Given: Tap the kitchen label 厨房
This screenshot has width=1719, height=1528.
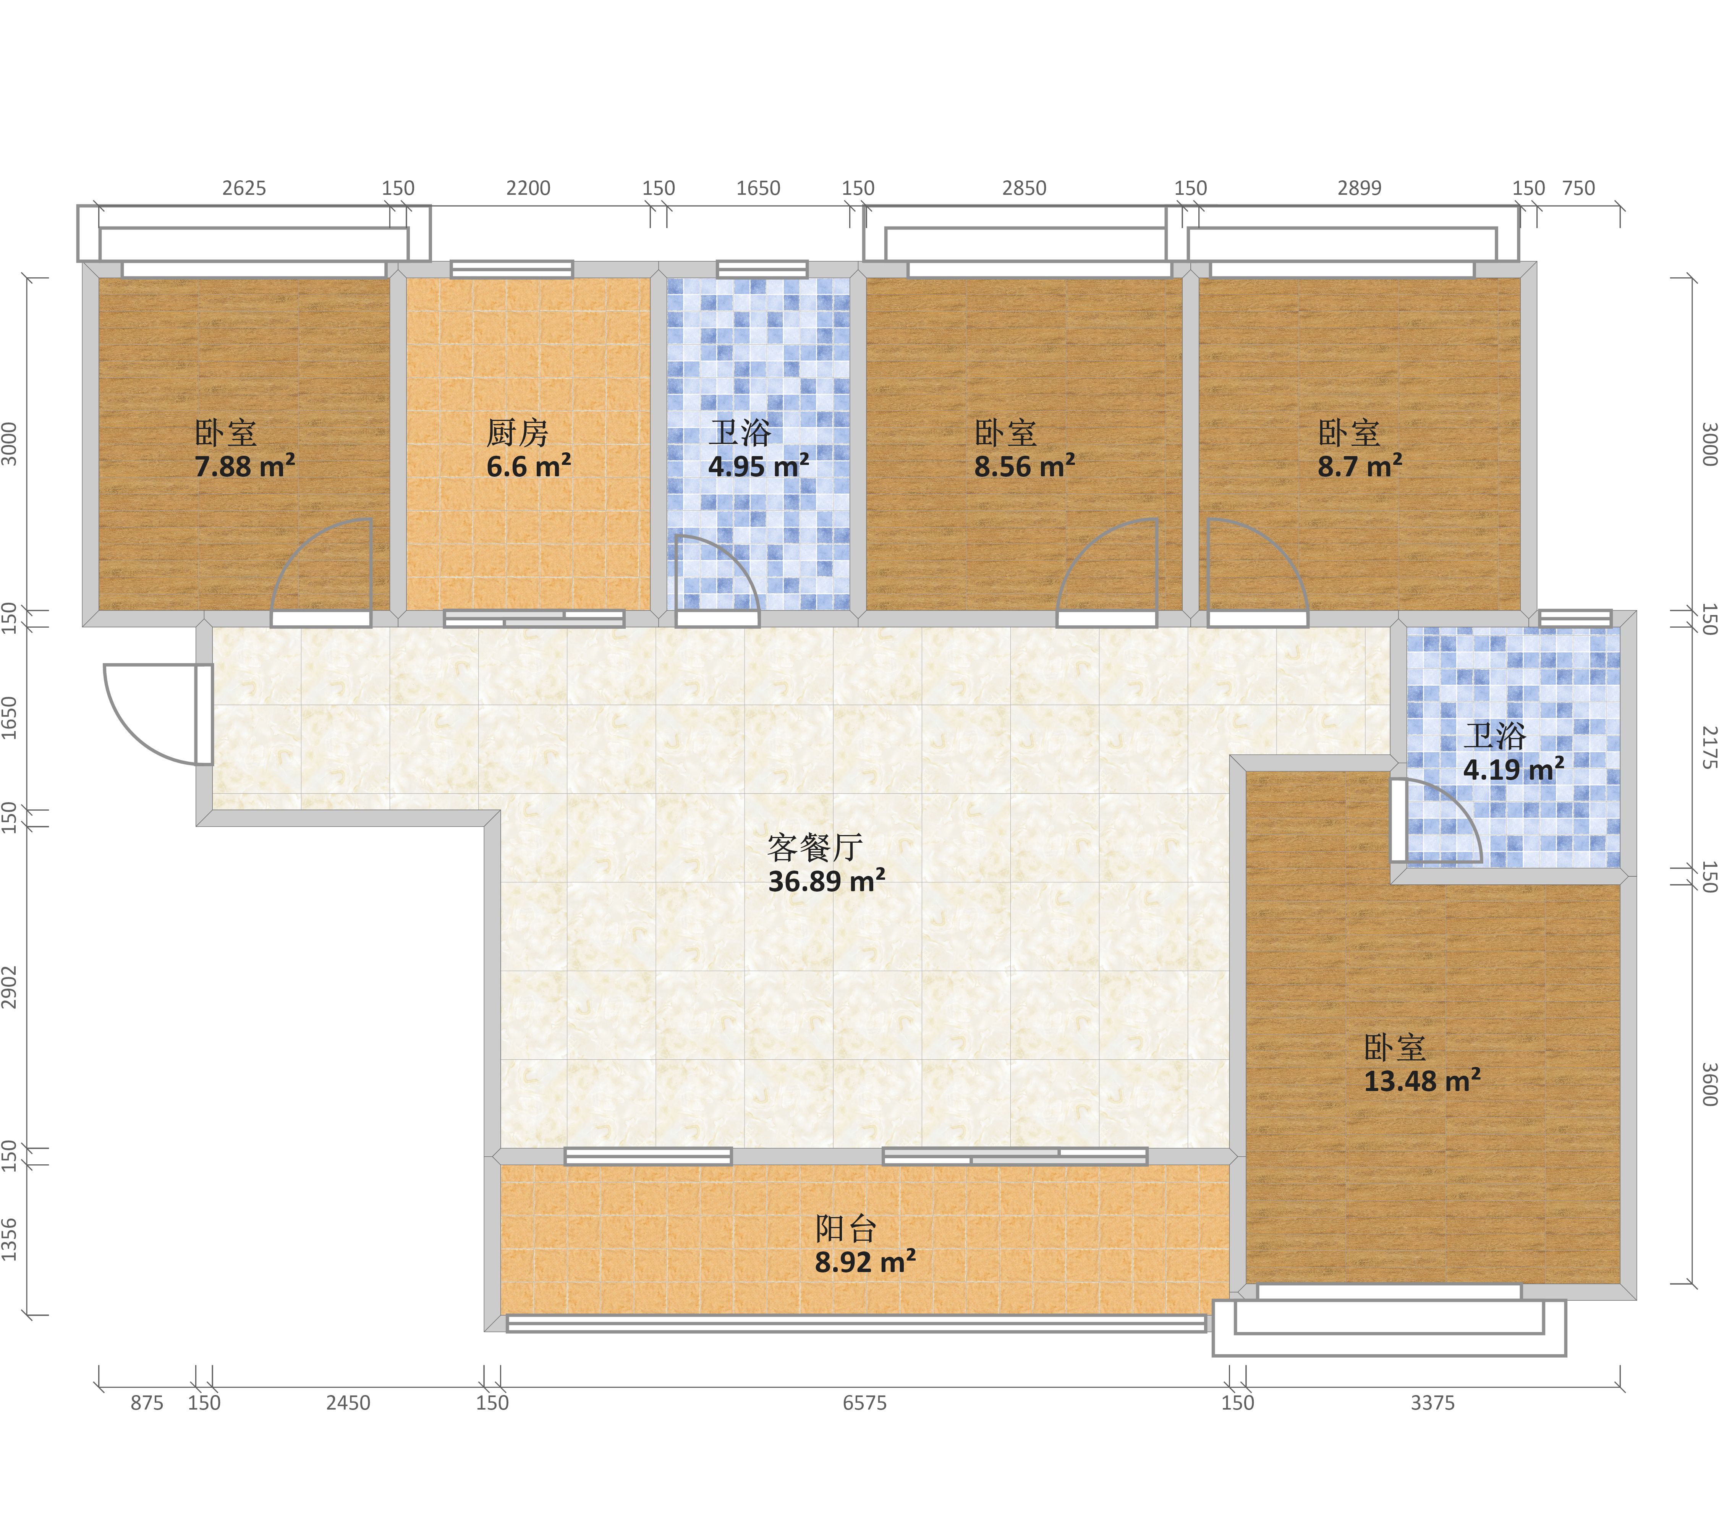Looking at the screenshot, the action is click(517, 433).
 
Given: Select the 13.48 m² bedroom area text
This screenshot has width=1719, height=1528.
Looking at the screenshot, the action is click(1422, 1081).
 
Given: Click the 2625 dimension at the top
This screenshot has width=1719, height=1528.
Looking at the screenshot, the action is click(244, 188).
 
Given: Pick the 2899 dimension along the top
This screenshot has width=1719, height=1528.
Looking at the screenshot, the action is click(1359, 188).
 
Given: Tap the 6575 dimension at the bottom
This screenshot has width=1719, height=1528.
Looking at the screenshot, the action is click(864, 1403).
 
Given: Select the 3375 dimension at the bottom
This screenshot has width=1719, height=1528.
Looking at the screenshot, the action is click(1432, 1403).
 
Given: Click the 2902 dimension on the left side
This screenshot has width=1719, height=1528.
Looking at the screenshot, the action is click(9, 987).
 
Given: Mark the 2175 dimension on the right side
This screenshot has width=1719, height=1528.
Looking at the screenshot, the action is click(1709, 748).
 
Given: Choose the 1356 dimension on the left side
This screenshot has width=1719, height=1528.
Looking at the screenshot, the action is click(9, 1240).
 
